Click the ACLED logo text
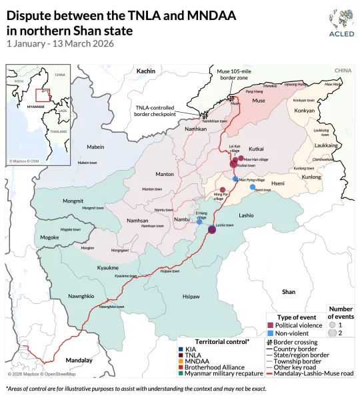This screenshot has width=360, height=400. coord(337,35)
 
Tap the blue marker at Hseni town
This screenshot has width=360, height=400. coord(252,187)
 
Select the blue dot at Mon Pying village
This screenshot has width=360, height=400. coord(235,179)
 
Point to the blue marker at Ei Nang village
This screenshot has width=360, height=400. coord(199,221)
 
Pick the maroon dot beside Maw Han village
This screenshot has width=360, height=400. coord(240,159)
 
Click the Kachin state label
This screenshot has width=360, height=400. coord(145,71)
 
